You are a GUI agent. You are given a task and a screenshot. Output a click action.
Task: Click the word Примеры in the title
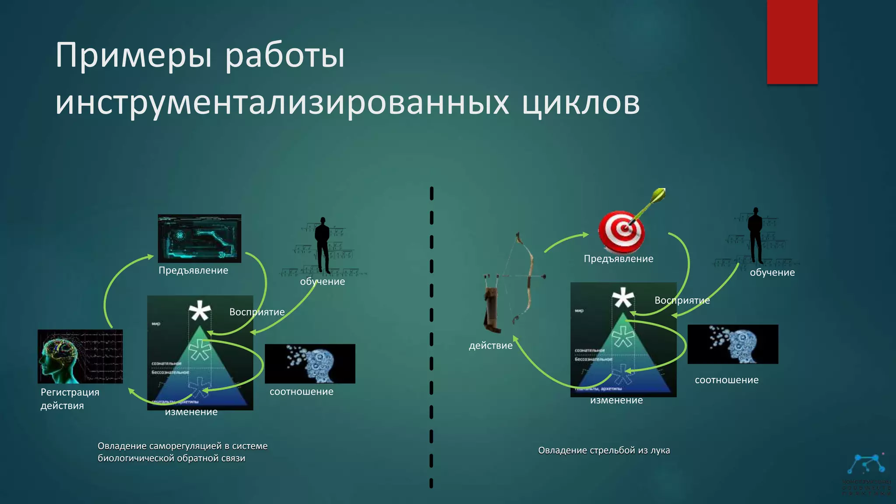[x=133, y=56]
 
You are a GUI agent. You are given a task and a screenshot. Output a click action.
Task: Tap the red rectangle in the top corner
[x=792, y=42]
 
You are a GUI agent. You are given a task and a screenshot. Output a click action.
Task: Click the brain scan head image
[x=80, y=356]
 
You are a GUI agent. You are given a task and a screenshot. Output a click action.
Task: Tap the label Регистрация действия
[x=70, y=399]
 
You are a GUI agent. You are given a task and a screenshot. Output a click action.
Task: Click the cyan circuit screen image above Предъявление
[x=199, y=238]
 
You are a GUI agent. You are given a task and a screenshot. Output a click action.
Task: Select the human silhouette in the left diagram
[x=323, y=245]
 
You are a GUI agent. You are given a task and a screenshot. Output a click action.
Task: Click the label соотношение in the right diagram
[x=726, y=380]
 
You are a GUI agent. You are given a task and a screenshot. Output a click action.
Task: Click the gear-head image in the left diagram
[x=310, y=364]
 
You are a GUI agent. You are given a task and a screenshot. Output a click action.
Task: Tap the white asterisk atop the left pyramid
[x=199, y=311]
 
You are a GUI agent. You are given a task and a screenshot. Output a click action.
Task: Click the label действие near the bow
[x=490, y=346]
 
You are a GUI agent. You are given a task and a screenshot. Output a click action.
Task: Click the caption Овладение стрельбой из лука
[x=604, y=450]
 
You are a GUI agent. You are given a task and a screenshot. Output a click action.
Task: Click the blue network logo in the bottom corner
[x=866, y=465]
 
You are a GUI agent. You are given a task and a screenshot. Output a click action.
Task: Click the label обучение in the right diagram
[x=772, y=272]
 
